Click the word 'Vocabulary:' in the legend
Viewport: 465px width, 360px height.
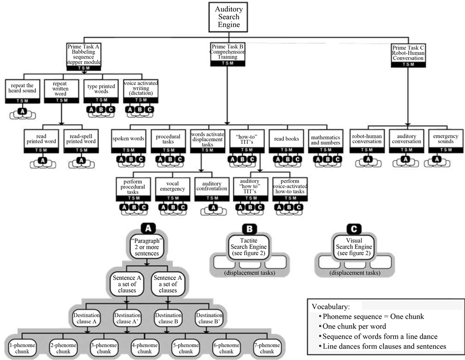[329, 305]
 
